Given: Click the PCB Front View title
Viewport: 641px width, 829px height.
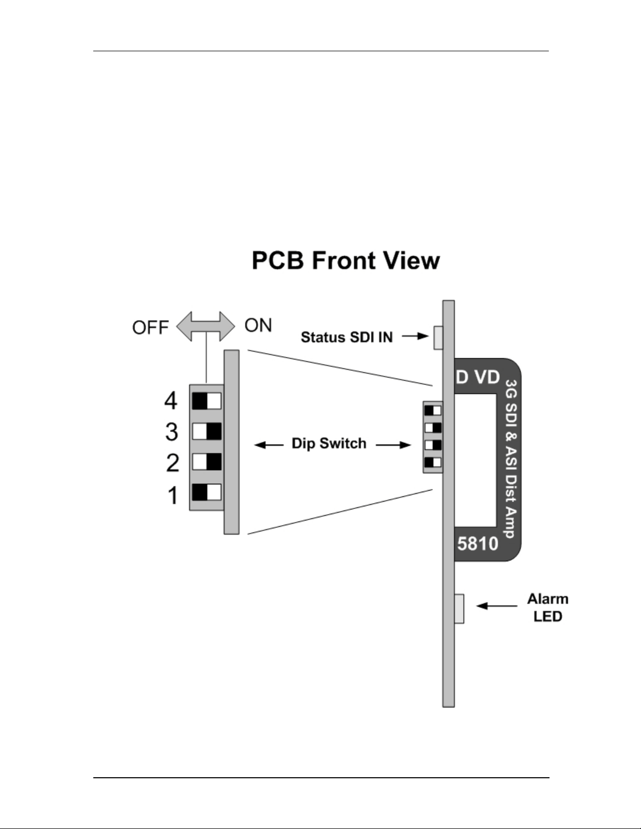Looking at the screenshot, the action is click(346, 260).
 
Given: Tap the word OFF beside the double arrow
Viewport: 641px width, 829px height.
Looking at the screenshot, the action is click(150, 328).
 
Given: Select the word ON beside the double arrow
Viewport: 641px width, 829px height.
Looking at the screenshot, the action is click(258, 325).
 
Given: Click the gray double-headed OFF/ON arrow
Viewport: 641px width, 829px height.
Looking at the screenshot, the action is click(206, 326).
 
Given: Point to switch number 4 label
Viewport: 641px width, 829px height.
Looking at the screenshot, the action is click(171, 401).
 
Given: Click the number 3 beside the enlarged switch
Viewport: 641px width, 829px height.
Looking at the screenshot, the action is click(172, 432).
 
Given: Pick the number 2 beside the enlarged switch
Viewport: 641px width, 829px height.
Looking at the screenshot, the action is click(173, 463).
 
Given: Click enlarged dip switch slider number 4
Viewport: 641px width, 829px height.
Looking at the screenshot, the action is click(206, 401).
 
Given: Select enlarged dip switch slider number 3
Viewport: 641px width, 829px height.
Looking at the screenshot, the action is click(206, 431).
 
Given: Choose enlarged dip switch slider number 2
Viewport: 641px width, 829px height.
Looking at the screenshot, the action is click(206, 462).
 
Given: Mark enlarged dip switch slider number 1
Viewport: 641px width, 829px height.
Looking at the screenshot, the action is click(206, 492).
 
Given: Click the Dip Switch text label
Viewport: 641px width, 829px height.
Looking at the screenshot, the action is click(329, 444).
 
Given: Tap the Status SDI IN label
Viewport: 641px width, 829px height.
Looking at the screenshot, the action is click(346, 337).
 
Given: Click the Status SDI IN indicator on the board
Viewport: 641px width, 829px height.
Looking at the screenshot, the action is click(438, 337).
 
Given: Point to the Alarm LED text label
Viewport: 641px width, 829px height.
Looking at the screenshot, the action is click(548, 608).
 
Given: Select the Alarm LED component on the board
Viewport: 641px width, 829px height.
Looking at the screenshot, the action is click(459, 608).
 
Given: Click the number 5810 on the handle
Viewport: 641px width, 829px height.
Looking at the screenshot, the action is click(478, 543).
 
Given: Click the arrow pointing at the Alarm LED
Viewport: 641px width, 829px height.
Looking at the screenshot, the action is click(497, 606).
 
